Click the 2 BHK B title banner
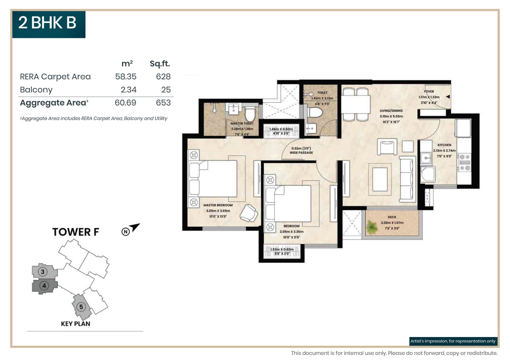pyautogui.click(x=48, y=24)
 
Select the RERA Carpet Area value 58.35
pyautogui.click(x=126, y=77)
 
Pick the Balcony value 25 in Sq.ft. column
pyautogui.click(x=166, y=90)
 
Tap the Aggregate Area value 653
pyautogui.click(x=163, y=103)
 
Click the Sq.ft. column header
pyautogui.click(x=160, y=64)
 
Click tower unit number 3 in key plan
pyautogui.click(x=43, y=272)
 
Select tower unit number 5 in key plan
pyautogui.click(x=81, y=307)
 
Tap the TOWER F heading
pyautogui.click(x=76, y=232)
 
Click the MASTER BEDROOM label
pyautogui.click(x=218, y=205)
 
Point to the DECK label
pyautogui.click(x=392, y=217)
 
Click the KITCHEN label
pyautogui.click(x=444, y=145)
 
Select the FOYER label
pyautogui.click(x=429, y=91)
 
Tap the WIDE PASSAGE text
pyautogui.click(x=301, y=153)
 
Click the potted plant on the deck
pyautogui.click(x=372, y=227)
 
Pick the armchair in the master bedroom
pyautogui.click(x=249, y=213)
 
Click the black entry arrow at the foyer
pyautogui.click(x=448, y=97)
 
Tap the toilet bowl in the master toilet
pyautogui.click(x=250, y=114)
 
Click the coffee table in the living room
pyautogui.click(x=380, y=179)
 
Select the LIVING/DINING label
pyautogui.click(x=391, y=111)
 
